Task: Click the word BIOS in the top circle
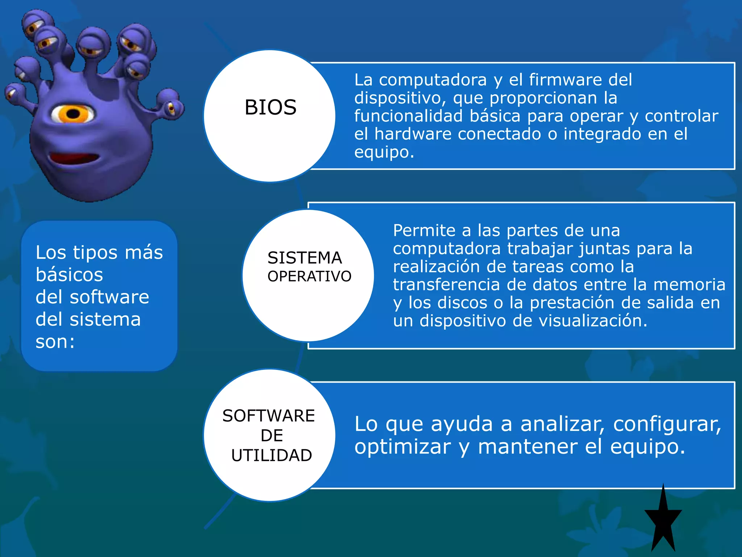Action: (x=270, y=107)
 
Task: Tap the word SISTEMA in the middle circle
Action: (x=305, y=258)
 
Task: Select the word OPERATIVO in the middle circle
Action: (x=309, y=276)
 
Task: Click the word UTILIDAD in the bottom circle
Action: (x=272, y=455)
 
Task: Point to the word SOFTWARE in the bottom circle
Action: (x=268, y=416)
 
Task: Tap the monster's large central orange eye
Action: (x=74, y=114)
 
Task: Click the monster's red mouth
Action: (x=74, y=158)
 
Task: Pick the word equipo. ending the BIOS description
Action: (x=384, y=152)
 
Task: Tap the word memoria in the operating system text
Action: (x=689, y=285)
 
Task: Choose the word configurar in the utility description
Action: (x=667, y=424)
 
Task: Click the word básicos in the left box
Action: (x=69, y=275)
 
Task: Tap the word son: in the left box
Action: (x=55, y=342)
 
